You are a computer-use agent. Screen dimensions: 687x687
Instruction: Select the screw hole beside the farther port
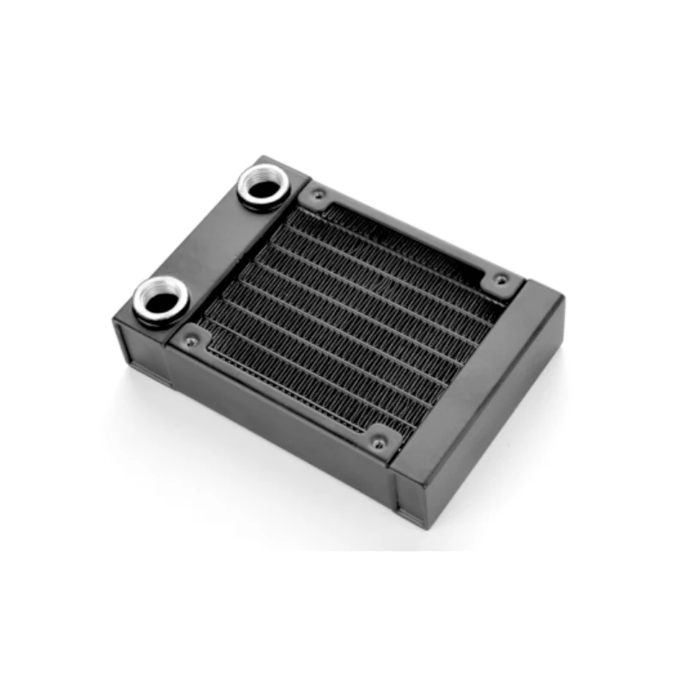319,196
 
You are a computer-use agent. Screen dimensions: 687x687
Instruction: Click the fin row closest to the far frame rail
404,249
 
